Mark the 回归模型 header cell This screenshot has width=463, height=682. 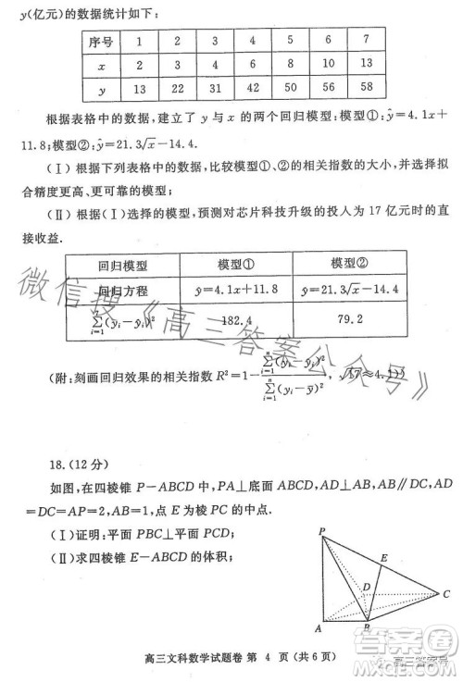[x=120, y=266]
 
